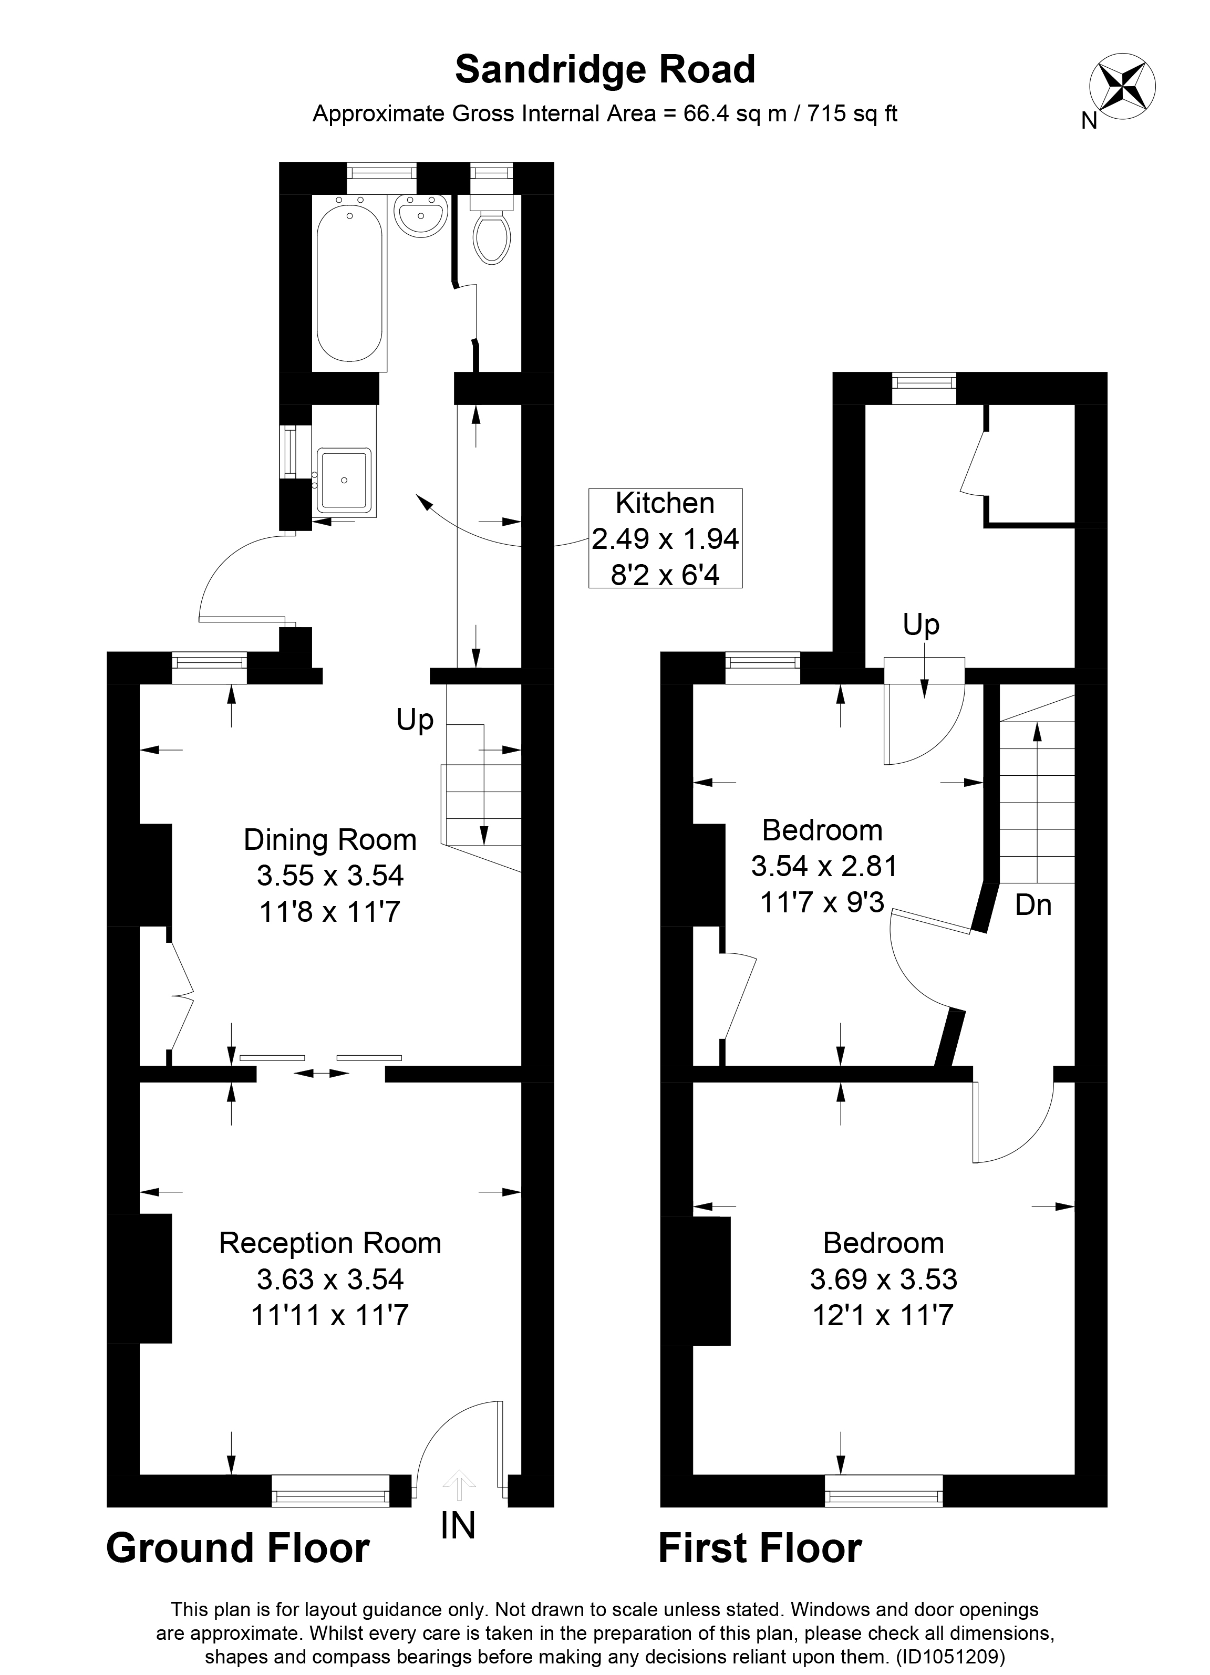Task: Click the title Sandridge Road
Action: point(605,70)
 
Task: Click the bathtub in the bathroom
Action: point(349,283)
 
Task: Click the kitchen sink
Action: point(344,480)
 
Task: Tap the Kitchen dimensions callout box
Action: point(665,538)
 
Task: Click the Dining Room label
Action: point(330,840)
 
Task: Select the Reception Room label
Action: point(330,1243)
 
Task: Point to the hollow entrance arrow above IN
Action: point(459,1484)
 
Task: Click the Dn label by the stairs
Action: point(1033,904)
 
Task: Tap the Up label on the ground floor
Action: point(415,720)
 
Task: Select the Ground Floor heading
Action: point(238,1549)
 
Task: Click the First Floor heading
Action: point(760,1549)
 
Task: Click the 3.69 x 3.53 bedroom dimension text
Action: point(884,1279)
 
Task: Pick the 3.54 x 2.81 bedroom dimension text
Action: point(824,866)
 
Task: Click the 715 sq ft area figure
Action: point(853,114)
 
